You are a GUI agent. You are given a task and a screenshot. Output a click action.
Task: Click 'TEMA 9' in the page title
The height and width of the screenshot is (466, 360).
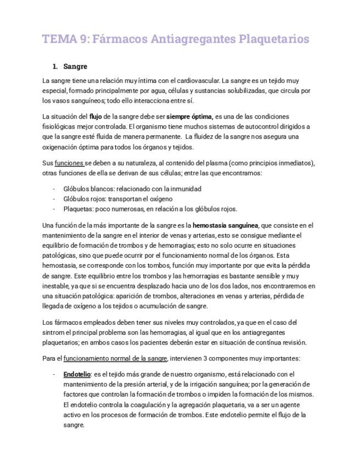tap(65, 40)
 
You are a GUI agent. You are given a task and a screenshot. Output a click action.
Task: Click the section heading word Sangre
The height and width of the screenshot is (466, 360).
tap(75, 67)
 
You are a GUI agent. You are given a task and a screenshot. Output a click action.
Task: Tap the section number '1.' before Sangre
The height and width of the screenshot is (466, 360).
tap(56, 67)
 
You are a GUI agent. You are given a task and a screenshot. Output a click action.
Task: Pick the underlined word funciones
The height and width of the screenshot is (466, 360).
tap(69, 164)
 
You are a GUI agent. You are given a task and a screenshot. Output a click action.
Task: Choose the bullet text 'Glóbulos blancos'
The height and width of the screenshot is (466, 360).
tap(85, 188)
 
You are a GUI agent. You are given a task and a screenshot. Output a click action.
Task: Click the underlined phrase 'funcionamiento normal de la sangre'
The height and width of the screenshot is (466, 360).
tap(115, 359)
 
